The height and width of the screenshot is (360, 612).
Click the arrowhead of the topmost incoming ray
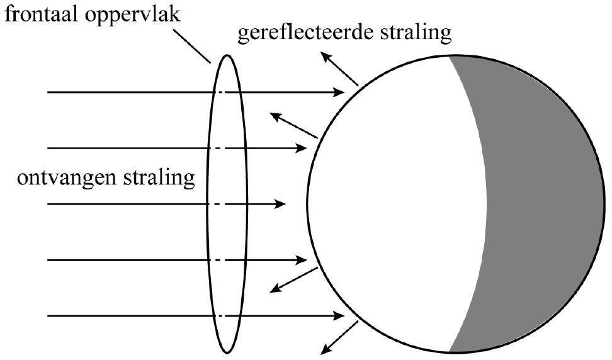pos(341,93)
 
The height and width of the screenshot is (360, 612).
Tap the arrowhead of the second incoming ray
pos(302,149)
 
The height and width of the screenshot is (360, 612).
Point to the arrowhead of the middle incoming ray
pos(281,204)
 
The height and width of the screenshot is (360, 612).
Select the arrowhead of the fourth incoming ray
pos(302,259)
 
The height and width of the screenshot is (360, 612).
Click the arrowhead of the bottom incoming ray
pos(341,315)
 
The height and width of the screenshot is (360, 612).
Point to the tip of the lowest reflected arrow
pos(322,352)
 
